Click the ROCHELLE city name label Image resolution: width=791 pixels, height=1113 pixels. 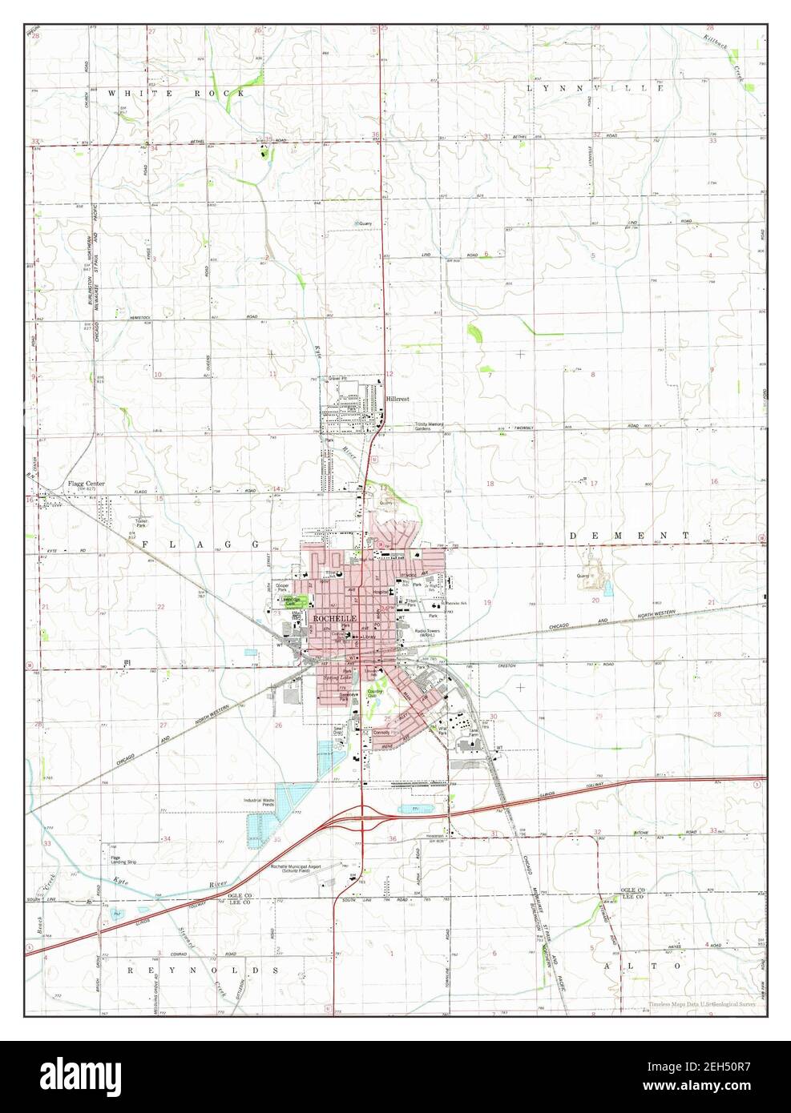pos(331,620)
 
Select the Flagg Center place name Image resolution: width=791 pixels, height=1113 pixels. pos(85,484)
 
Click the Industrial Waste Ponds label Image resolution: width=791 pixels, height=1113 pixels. pos(264,801)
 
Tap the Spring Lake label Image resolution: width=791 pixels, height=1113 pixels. pos(337,678)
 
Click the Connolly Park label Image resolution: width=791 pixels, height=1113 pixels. pos(382,733)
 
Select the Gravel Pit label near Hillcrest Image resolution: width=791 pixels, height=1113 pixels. pos(337,379)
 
